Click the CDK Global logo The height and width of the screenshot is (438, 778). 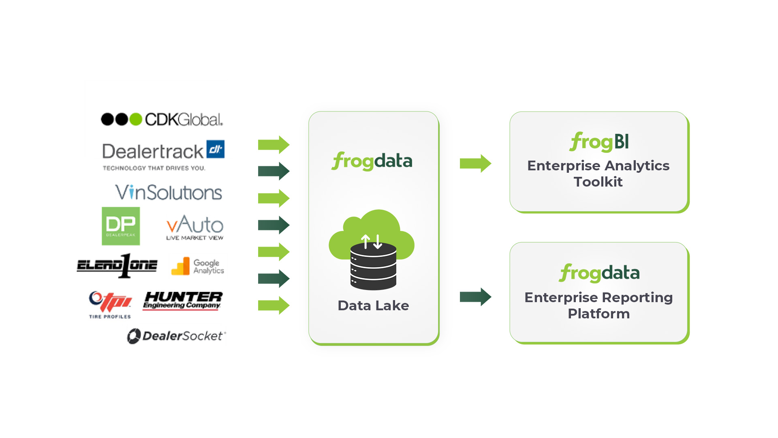click(162, 119)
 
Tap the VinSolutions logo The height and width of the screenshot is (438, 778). click(169, 192)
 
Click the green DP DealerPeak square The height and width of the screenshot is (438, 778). click(121, 226)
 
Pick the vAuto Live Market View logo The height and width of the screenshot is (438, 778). click(195, 227)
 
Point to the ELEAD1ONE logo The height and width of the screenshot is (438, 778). click(117, 266)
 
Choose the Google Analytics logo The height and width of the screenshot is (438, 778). click(198, 266)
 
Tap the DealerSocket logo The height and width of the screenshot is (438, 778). click(176, 336)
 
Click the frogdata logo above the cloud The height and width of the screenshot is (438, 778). click(372, 161)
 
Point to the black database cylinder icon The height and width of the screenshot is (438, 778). click(373, 266)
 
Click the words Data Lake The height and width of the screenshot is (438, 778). click(373, 305)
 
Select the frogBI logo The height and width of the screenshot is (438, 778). click(599, 142)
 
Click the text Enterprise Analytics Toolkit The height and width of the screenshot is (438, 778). click(598, 174)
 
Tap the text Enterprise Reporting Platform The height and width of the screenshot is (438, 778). click(598, 305)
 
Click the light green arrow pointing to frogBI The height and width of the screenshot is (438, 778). click(475, 163)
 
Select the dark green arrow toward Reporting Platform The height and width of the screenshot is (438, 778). click(475, 297)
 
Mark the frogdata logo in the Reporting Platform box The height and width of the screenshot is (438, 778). click(599, 273)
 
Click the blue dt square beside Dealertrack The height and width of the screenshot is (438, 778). click(216, 149)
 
